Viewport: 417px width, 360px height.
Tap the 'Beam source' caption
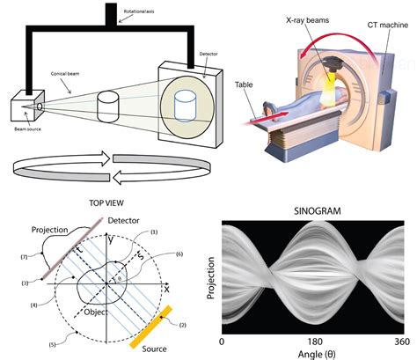click(x=27, y=129)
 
